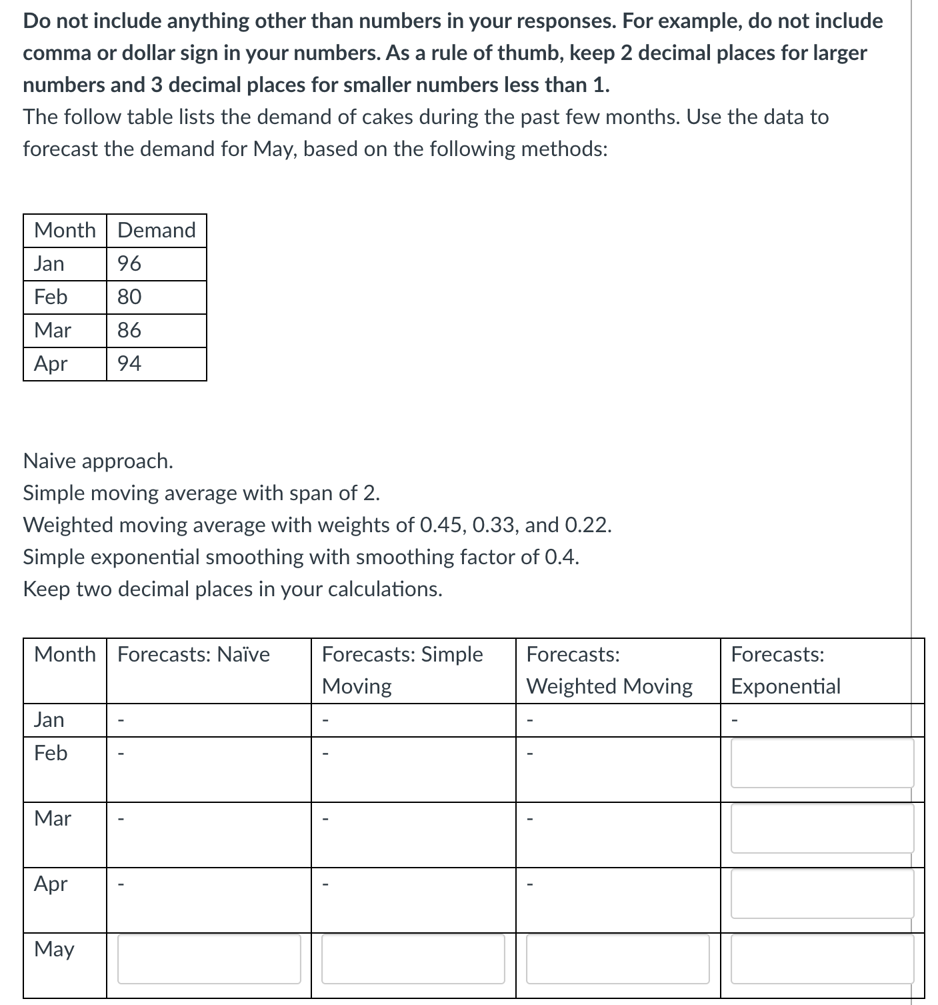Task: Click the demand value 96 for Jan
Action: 129,263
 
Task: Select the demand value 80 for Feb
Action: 129,297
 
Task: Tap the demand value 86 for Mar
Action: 129,330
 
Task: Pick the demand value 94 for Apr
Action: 129,363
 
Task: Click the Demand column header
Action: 157,230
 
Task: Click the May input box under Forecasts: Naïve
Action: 209,958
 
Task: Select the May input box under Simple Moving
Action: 413,958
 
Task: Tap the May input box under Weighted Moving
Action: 617,958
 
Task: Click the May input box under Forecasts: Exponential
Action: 822,958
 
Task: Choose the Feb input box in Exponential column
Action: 822,762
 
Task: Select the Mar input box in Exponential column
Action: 822,828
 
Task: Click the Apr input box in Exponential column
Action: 822,893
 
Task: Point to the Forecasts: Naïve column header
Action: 193,654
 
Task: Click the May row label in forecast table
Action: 54,949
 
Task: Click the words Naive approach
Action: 98,461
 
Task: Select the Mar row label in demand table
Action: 53,330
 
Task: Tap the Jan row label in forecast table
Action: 49,720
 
